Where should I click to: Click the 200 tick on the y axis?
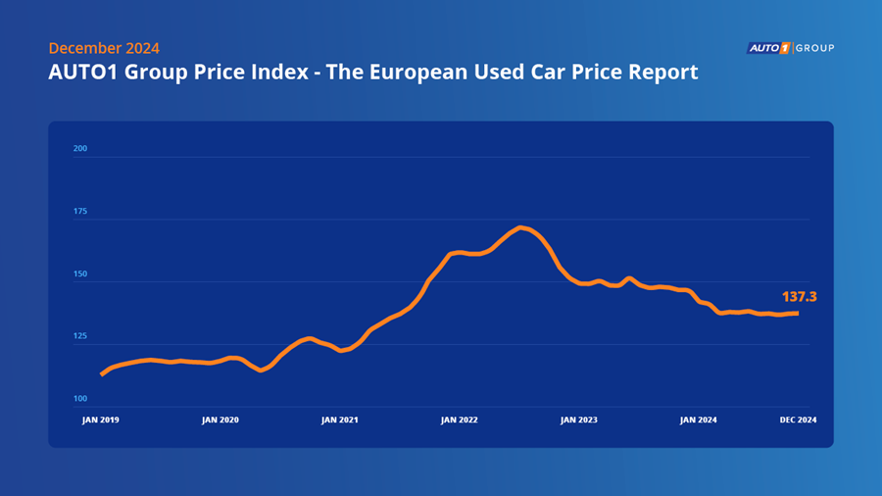click(x=80, y=149)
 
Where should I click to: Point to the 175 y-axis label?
click(x=80, y=212)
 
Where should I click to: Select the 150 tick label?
click(x=80, y=274)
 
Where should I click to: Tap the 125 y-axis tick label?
click(x=80, y=336)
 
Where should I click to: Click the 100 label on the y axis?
click(x=80, y=399)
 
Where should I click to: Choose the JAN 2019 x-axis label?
click(x=100, y=420)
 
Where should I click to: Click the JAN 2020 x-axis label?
click(x=220, y=420)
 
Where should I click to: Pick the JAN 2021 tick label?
click(x=340, y=420)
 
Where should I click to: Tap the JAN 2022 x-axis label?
click(x=460, y=420)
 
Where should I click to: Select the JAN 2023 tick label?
click(x=579, y=420)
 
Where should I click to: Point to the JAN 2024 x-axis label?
click(x=699, y=420)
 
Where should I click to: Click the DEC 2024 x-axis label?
click(x=799, y=420)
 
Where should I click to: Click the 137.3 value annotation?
click(x=799, y=296)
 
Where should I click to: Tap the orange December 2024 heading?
click(x=103, y=48)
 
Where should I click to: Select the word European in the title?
click(x=435, y=73)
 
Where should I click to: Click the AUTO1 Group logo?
click(x=790, y=47)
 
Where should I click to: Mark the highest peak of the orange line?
click(x=521, y=227)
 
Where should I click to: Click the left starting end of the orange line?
click(x=102, y=374)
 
